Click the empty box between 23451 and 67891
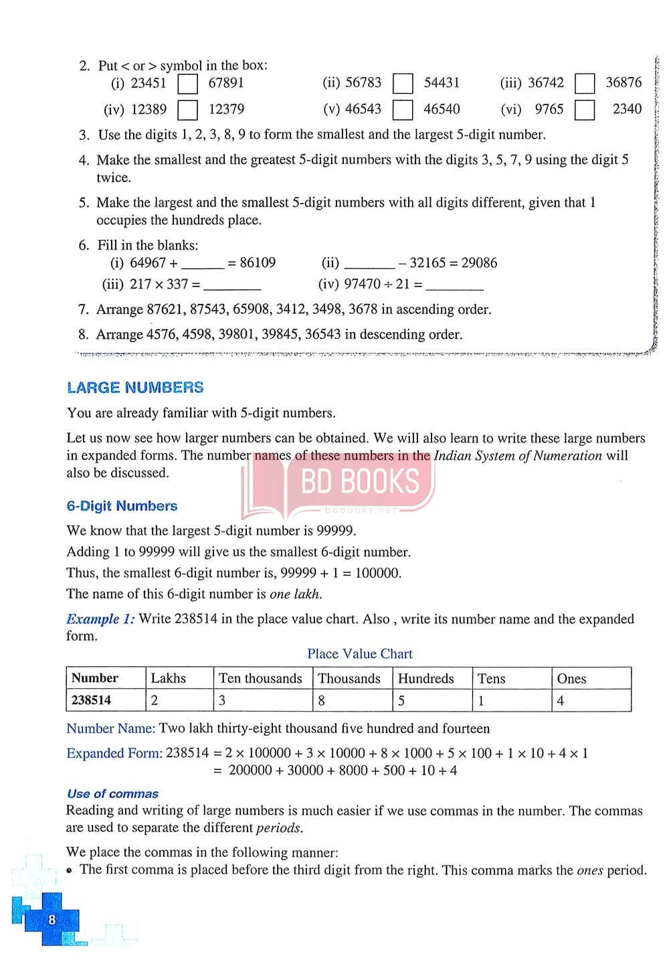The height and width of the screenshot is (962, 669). coord(188,84)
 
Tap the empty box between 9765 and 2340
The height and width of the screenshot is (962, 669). coord(585,109)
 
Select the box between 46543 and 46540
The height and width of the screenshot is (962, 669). coord(403,110)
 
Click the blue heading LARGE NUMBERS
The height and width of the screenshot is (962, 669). coord(135,388)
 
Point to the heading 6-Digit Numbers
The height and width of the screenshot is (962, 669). coord(122,506)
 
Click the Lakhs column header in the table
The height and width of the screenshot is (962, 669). coord(169,678)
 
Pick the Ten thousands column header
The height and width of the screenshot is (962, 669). coord(260,678)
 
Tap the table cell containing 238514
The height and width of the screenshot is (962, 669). coord(92,700)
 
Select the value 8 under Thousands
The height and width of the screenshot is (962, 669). coord(322,701)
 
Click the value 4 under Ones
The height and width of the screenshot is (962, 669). coord(561,701)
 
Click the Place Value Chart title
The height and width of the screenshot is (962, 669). coord(360,654)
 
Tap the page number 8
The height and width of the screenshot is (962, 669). coord(52,920)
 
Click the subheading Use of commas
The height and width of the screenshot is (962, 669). coord(112,794)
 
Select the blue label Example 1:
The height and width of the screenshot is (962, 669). coord(100,619)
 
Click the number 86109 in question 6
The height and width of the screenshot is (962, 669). coord(258,263)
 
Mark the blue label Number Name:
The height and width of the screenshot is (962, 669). coord(110,728)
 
